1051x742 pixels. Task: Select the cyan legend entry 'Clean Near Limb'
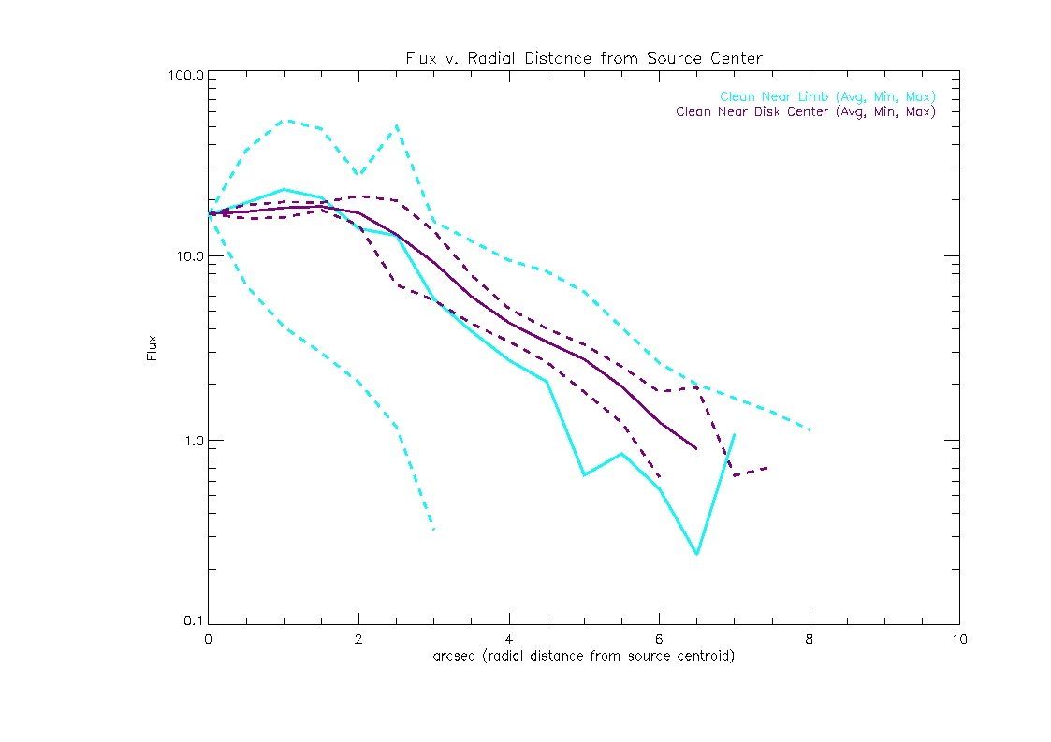click(x=827, y=97)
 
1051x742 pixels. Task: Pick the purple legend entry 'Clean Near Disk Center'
click(x=805, y=112)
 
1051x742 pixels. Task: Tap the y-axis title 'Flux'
click(x=153, y=348)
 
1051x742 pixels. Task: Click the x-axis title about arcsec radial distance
click(x=583, y=656)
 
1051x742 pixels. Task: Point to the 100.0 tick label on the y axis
click(x=186, y=76)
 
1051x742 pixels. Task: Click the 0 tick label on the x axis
click(x=208, y=639)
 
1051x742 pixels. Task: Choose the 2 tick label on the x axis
click(x=358, y=639)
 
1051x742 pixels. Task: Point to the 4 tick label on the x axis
click(x=508, y=639)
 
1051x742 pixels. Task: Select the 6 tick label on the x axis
click(x=659, y=639)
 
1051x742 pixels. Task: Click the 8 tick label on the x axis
click(x=809, y=639)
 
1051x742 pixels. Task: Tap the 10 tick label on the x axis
click(x=958, y=639)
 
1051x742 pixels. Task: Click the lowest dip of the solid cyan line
click(x=696, y=554)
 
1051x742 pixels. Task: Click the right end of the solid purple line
click(x=696, y=449)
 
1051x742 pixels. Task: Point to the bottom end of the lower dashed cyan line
click(x=433, y=530)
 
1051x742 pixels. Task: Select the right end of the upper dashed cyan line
click(x=809, y=429)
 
